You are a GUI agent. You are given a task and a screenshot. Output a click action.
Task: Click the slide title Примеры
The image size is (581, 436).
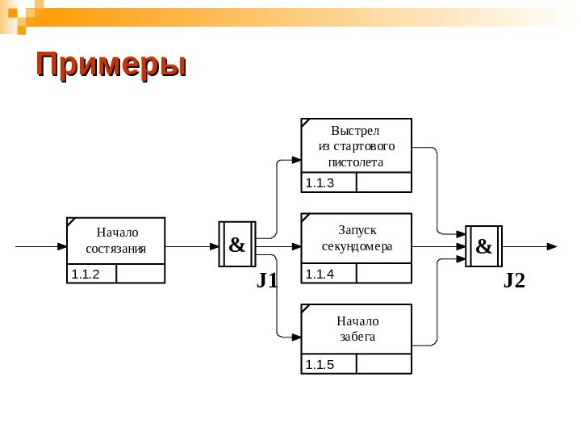pyautogui.click(x=111, y=65)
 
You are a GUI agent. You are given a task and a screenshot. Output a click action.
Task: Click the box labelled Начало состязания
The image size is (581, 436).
pyautogui.click(x=116, y=241)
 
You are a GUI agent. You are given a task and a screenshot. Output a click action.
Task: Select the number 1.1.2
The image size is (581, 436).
pyautogui.click(x=85, y=275)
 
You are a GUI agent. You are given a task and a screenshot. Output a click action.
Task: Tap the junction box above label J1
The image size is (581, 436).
pyautogui.click(x=237, y=245)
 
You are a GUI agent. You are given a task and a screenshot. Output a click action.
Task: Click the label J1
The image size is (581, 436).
pyautogui.click(x=267, y=281)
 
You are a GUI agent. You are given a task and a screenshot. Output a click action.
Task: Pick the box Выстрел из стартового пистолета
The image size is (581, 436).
pyautogui.click(x=356, y=145)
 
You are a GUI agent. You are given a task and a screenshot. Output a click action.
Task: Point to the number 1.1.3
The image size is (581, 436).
pyautogui.click(x=319, y=183)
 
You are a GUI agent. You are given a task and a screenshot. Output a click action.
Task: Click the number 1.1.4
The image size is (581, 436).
pyautogui.click(x=319, y=275)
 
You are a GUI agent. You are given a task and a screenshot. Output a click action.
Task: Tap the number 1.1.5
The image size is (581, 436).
pyautogui.click(x=319, y=365)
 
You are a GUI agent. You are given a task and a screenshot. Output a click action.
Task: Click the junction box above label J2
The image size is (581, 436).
pyautogui.click(x=483, y=245)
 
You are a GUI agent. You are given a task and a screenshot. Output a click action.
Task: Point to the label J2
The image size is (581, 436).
pyautogui.click(x=514, y=281)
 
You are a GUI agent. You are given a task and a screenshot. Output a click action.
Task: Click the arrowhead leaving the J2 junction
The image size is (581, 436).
pyautogui.click(x=551, y=245)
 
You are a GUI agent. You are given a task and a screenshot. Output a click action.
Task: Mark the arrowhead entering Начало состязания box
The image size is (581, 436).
pyautogui.click(x=61, y=245)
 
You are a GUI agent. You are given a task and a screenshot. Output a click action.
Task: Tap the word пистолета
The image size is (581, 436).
pyautogui.click(x=356, y=162)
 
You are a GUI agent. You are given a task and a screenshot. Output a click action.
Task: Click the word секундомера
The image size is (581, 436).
pyautogui.click(x=356, y=245)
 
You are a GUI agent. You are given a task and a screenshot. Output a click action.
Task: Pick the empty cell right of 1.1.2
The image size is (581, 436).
pyautogui.click(x=140, y=275)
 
